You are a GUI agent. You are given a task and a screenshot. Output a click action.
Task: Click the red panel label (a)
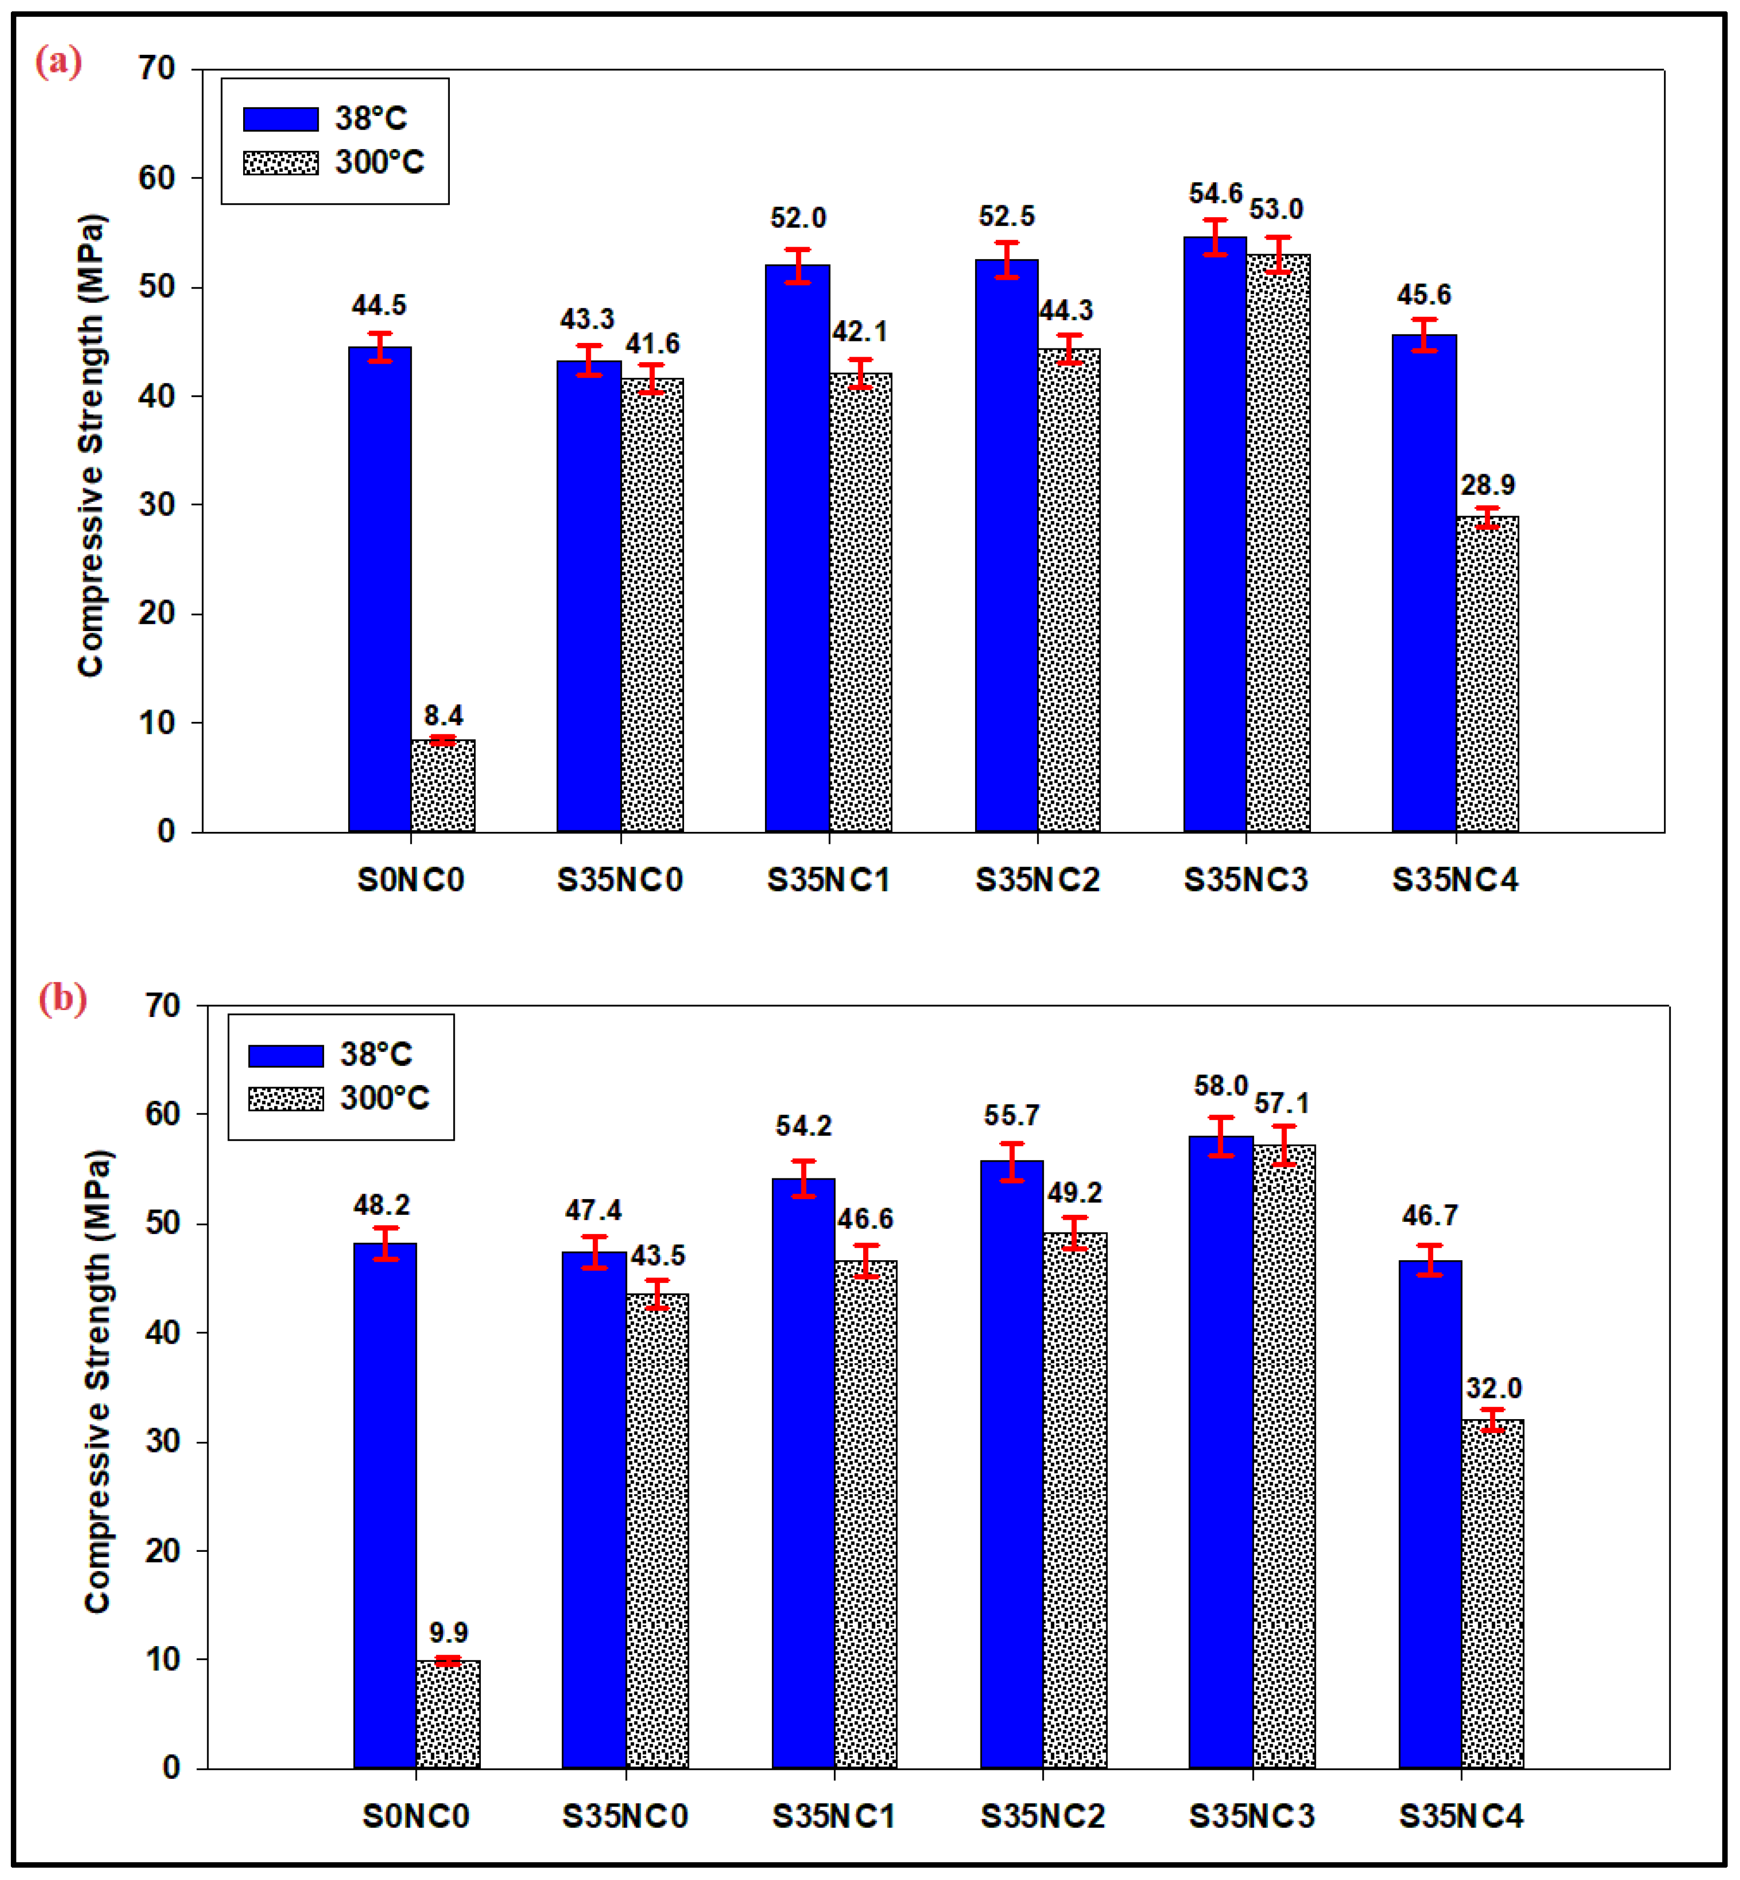coord(58,62)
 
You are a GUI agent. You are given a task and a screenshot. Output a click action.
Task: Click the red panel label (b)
coord(62,997)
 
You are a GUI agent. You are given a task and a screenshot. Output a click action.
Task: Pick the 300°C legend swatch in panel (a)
coord(281,163)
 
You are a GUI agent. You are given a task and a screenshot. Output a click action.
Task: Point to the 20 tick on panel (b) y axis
coord(163,1550)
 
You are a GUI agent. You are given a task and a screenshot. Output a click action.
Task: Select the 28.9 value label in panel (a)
coord(1487,485)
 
